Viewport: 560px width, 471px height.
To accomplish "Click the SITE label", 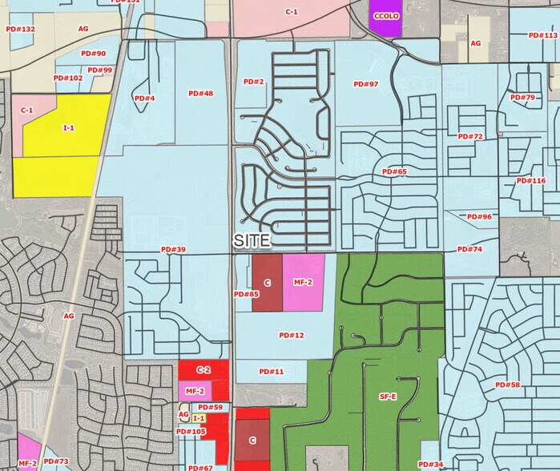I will point(251,240).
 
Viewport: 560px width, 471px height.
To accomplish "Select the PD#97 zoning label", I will point(365,84).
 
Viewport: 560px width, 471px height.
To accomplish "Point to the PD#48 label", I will point(200,94).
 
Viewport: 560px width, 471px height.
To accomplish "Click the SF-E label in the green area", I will point(387,396).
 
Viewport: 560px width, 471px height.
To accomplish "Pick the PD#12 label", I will point(292,335).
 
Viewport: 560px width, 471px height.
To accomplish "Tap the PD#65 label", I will point(394,171).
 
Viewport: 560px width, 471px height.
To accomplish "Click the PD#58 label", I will point(507,385).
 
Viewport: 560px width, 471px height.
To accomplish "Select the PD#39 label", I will point(173,250).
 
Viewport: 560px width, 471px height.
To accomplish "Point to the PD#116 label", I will point(531,181).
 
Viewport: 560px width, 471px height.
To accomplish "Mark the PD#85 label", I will point(247,295).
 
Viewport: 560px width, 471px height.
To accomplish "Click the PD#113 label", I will point(544,35).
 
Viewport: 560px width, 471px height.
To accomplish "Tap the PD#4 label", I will point(145,99).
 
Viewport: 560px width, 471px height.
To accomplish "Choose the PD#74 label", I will point(470,250).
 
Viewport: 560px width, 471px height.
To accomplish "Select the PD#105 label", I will point(191,432).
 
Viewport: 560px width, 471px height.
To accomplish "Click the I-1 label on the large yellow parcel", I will point(69,127).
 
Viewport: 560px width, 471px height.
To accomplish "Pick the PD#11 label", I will point(272,372).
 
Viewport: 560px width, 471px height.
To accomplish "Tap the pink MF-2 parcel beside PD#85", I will point(303,283).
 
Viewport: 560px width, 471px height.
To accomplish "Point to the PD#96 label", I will point(479,217).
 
